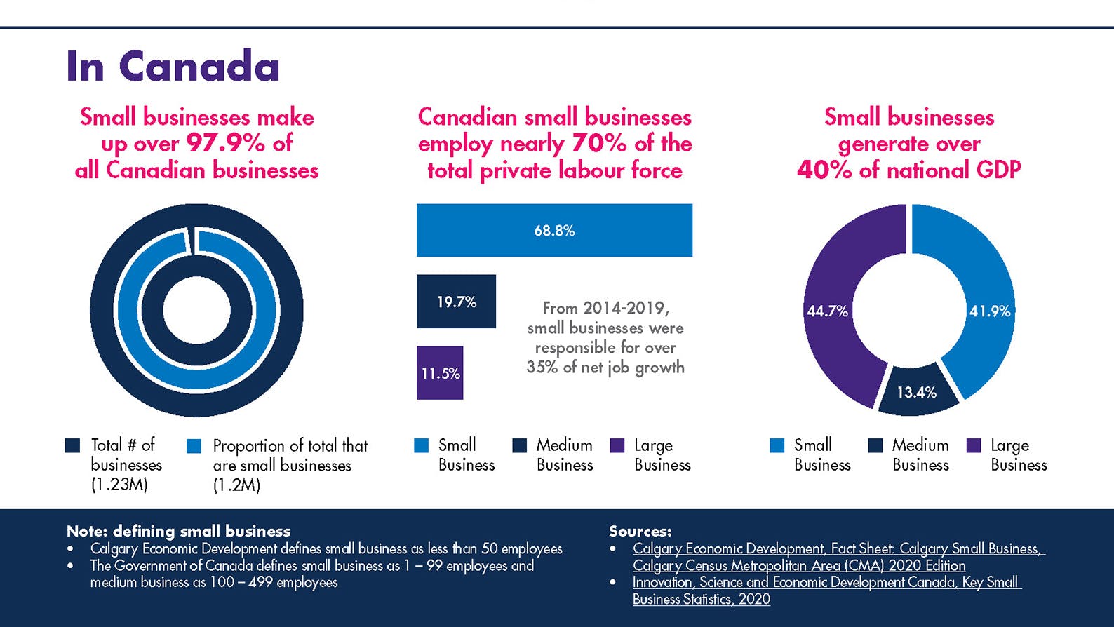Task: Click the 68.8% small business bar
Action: point(554,230)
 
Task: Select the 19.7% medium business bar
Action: point(456,302)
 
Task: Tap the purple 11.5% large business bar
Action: point(440,373)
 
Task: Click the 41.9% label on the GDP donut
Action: point(989,311)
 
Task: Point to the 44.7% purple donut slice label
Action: point(827,311)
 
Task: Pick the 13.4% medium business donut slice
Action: point(917,392)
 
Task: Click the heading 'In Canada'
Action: point(173,67)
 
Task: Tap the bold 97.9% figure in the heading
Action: point(225,143)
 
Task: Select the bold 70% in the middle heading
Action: point(598,143)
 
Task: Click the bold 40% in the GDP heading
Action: point(824,170)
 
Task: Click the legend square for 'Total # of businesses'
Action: point(72,445)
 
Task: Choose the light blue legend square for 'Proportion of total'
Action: point(194,446)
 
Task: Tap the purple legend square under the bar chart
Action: point(617,445)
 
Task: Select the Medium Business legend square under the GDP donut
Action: point(875,445)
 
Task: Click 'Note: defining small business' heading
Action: point(178,531)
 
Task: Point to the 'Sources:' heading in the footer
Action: point(640,531)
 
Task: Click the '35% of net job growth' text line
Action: point(605,367)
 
